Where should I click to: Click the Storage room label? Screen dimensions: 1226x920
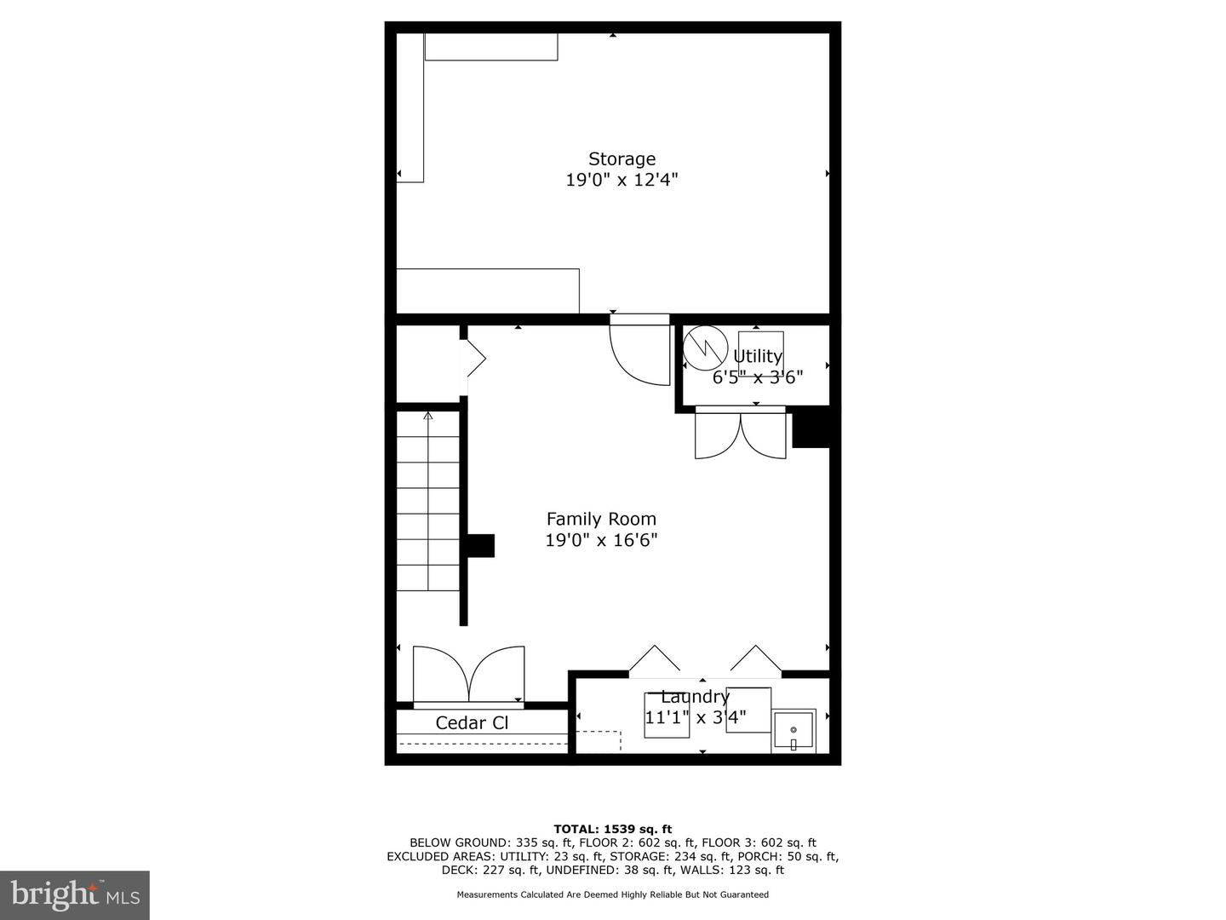tap(622, 159)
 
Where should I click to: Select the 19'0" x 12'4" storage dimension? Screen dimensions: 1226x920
tap(622, 180)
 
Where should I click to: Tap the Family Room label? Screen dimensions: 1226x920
tap(601, 519)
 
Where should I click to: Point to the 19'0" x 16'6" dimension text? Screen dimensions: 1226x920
tap(601, 540)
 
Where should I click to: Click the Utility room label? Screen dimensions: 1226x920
tap(758, 356)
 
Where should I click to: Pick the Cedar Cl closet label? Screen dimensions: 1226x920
tap(472, 723)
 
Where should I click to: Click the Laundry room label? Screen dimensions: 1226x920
tap(696, 697)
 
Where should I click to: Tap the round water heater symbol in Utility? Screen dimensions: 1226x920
tap(706, 348)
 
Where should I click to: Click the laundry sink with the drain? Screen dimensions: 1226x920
tap(793, 731)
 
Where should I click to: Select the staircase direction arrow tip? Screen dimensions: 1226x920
tap(428, 413)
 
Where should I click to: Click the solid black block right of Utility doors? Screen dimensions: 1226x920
tap(811, 427)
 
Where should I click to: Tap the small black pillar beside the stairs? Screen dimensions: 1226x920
tap(480, 546)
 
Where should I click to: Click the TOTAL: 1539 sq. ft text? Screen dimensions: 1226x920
tap(613, 829)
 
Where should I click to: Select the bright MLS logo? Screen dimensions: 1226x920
tap(74, 894)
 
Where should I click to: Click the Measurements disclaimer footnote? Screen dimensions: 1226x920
tap(613, 894)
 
